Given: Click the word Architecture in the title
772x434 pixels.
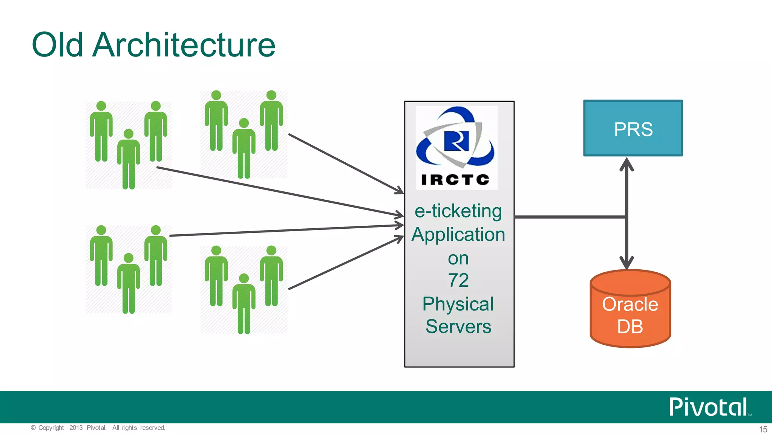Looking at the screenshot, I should [184, 45].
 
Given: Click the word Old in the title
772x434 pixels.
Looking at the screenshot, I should [57, 45].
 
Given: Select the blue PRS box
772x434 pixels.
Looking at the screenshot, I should [633, 128].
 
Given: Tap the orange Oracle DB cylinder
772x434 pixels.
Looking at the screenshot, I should [630, 313].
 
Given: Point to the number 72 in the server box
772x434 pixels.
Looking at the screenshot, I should [458, 281].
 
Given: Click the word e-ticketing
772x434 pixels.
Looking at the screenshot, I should [458, 211].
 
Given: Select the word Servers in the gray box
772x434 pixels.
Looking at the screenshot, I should [458, 327].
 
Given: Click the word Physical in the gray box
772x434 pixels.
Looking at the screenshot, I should [458, 304].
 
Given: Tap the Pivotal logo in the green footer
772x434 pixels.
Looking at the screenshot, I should [708, 407].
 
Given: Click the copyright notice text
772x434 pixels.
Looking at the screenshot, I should [98, 428].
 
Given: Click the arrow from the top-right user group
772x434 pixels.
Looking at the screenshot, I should [345, 163].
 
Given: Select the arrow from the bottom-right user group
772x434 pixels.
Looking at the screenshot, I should [345, 263].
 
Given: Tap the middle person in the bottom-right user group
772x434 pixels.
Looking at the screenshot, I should [244, 304].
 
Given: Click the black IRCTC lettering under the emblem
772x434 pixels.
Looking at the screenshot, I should [455, 180].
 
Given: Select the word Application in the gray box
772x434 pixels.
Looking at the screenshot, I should [458, 235].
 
